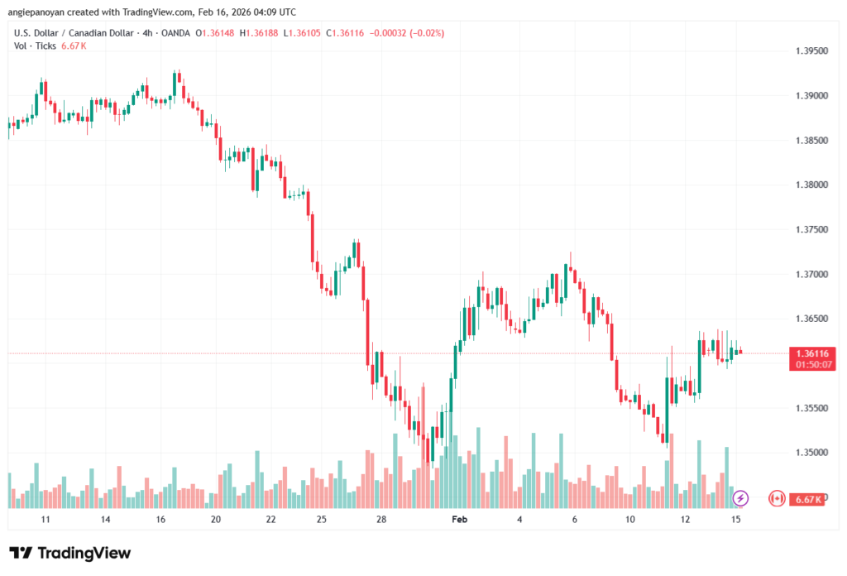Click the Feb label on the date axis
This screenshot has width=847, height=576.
point(459,519)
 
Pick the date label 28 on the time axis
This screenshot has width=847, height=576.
point(381,519)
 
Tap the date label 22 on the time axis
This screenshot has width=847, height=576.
point(270,519)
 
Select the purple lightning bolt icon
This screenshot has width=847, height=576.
point(741,498)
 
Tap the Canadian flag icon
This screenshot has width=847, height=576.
point(777,498)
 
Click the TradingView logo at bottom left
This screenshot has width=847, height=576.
point(69,553)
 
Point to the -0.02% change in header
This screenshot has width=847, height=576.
point(428,33)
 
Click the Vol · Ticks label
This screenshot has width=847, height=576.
point(35,46)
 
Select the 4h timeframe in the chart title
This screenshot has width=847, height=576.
point(142,33)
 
